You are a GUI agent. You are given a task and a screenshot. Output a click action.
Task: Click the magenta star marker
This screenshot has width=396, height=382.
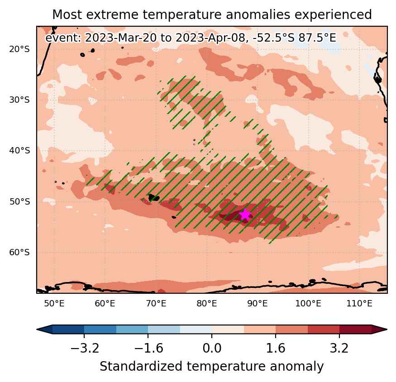tap(245, 215)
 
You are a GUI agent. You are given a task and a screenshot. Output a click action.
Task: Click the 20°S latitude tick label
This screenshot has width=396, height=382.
tap(19, 49)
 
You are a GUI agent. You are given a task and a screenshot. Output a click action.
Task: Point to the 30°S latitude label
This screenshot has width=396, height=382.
tap(19, 100)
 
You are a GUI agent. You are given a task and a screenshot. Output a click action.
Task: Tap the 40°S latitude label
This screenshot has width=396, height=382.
tap(19, 151)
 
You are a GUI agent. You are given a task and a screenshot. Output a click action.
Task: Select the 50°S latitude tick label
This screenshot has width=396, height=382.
tap(19, 201)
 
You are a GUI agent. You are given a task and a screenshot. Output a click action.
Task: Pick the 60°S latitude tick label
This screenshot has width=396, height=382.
tap(19, 253)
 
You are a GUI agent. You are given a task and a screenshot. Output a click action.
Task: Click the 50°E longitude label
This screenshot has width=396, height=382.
tap(54, 303)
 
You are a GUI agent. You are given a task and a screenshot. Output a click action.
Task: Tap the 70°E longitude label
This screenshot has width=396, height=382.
tap(156, 303)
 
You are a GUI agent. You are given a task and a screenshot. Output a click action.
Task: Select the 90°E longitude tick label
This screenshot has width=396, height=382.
tap(258, 303)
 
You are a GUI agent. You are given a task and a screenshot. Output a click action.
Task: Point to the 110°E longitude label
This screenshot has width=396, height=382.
tap(359, 303)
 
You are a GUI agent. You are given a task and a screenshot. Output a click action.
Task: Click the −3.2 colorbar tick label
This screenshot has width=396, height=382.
tap(85, 348)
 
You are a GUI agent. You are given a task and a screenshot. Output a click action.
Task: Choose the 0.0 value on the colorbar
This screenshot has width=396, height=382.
tap(212, 348)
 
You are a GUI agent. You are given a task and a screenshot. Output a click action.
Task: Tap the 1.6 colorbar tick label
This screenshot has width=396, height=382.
tap(276, 348)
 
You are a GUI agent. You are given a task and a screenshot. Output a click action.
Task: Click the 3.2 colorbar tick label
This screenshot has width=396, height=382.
tap(339, 348)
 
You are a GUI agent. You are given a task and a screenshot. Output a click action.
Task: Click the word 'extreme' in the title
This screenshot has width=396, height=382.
tap(112, 14)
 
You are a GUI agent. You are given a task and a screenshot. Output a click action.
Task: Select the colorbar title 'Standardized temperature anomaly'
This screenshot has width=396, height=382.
tap(212, 366)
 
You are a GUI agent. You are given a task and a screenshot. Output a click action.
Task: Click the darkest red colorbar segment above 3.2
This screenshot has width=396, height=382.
tap(355, 329)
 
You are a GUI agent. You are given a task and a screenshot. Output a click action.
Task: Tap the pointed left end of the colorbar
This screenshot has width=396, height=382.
tap(37, 329)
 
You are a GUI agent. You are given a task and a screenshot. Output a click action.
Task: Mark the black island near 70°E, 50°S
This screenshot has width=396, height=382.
tap(154, 197)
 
